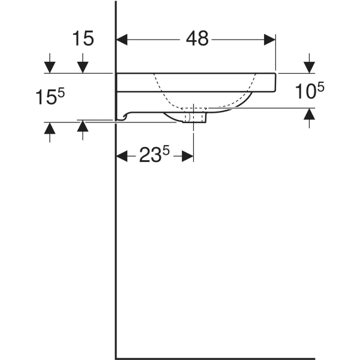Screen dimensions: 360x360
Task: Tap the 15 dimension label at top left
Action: coord(83,39)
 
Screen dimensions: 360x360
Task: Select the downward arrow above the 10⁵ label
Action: coord(309,63)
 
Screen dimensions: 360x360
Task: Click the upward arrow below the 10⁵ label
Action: coord(309,117)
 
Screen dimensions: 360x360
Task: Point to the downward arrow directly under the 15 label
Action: coord(83,64)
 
